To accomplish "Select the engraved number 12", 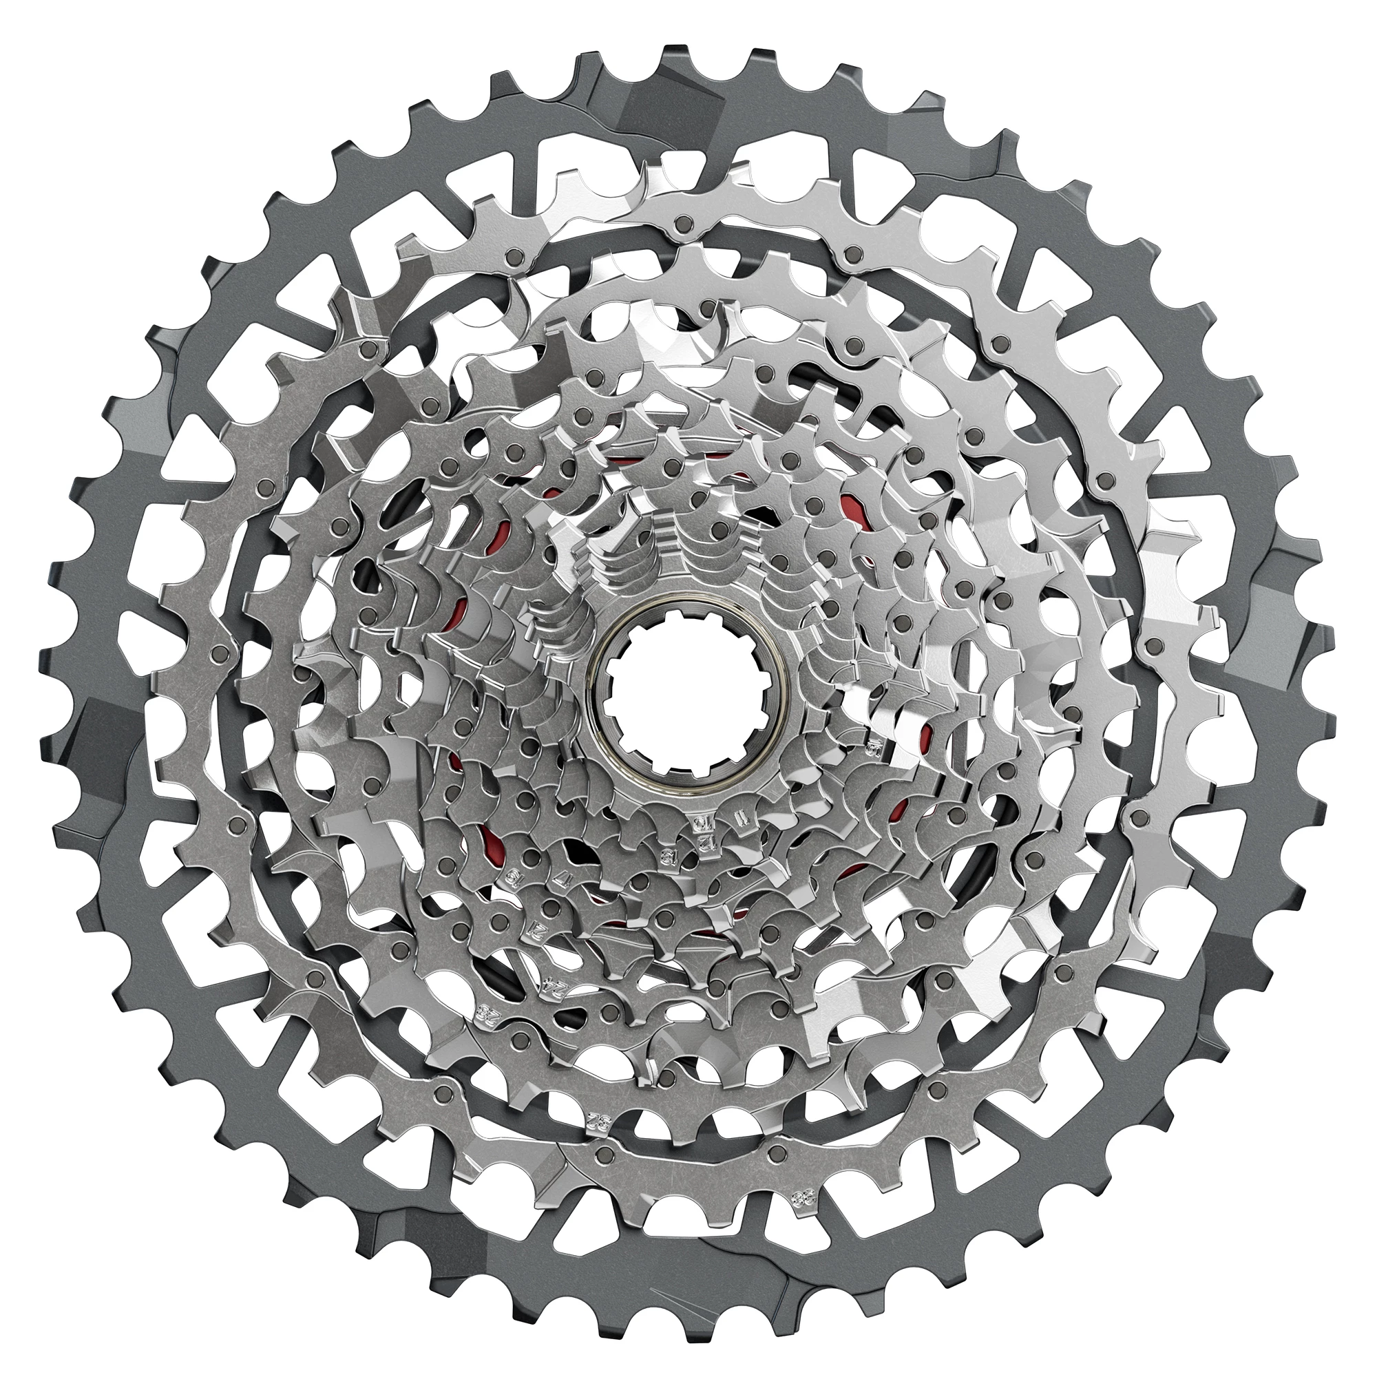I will point(708,843).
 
